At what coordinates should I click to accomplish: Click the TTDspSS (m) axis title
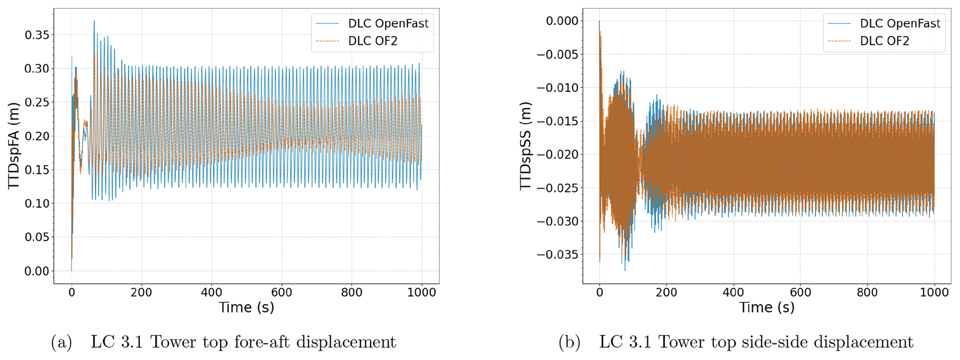525,146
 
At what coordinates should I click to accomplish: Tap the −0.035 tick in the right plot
557,255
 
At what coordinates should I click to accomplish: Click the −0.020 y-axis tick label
557,155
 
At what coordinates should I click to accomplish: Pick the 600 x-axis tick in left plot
282,292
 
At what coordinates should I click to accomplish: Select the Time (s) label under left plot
246,308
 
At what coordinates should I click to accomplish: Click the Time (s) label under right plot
767,308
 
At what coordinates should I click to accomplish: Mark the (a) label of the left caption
62,342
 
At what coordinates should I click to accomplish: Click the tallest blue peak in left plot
94,21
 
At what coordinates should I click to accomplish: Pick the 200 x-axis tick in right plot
666,292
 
